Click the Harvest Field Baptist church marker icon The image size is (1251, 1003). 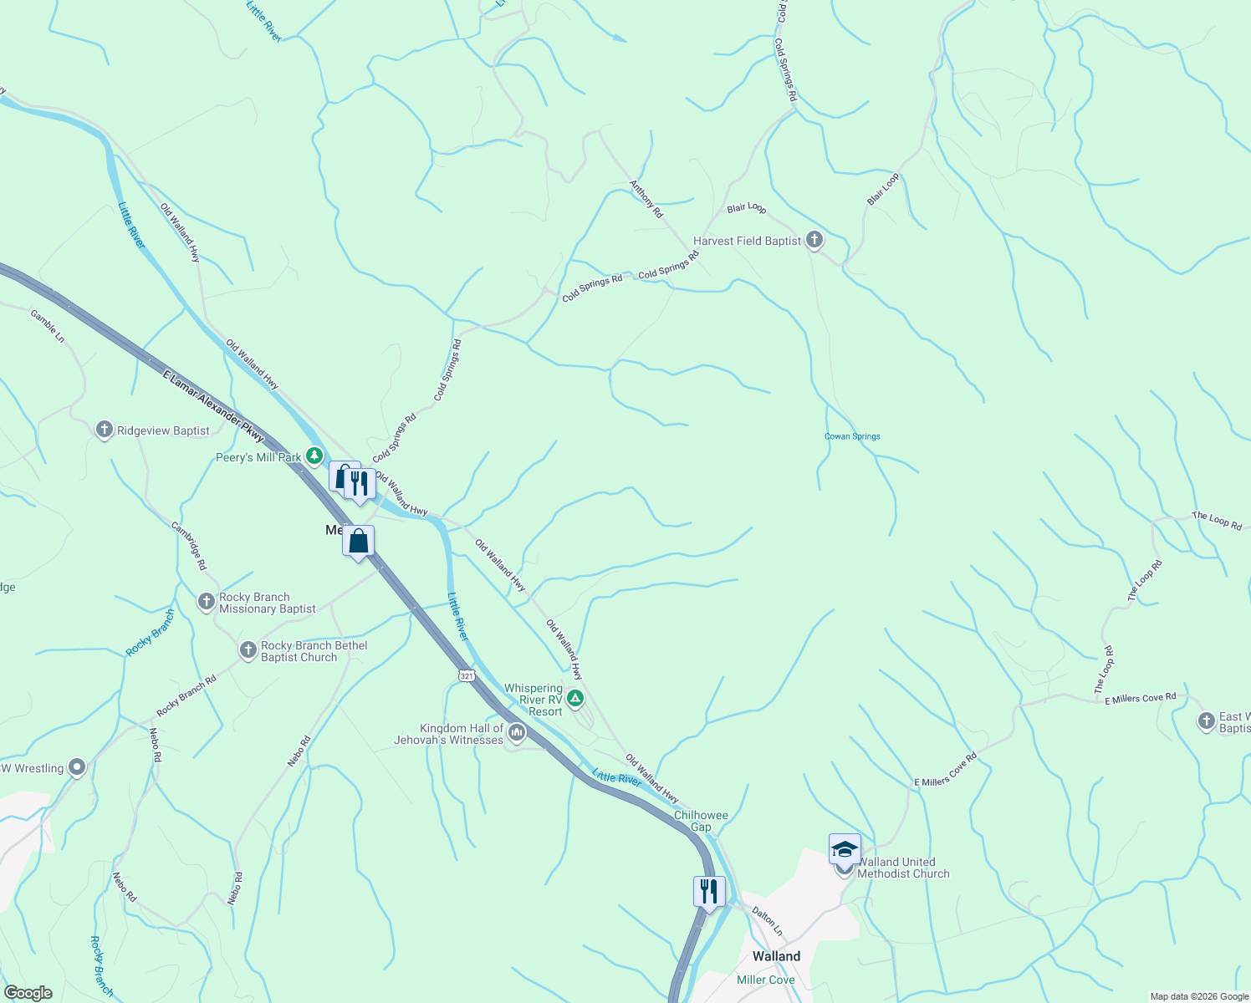(x=814, y=241)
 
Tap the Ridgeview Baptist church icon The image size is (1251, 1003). (x=104, y=430)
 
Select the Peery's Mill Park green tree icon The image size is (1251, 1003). (x=314, y=456)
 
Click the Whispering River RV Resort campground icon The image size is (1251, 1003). (x=574, y=698)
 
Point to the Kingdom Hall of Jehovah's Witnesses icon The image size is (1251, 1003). (x=517, y=734)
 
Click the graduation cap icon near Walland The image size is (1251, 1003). (x=845, y=849)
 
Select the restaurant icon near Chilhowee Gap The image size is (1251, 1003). (x=708, y=891)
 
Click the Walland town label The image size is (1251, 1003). (x=776, y=956)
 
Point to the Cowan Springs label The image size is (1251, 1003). (x=852, y=436)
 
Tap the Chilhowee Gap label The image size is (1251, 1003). (x=701, y=821)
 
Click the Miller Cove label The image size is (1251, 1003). (x=765, y=980)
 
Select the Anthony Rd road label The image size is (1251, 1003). (x=646, y=200)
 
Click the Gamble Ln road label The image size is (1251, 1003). (x=48, y=326)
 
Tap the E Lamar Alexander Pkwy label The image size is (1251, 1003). (x=213, y=406)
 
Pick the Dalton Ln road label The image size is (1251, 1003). (x=767, y=921)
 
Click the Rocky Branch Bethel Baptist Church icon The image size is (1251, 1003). (x=248, y=650)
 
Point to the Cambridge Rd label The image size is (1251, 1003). (x=189, y=546)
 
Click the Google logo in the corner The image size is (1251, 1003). (x=28, y=993)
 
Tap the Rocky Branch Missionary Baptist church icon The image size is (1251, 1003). (x=206, y=602)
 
